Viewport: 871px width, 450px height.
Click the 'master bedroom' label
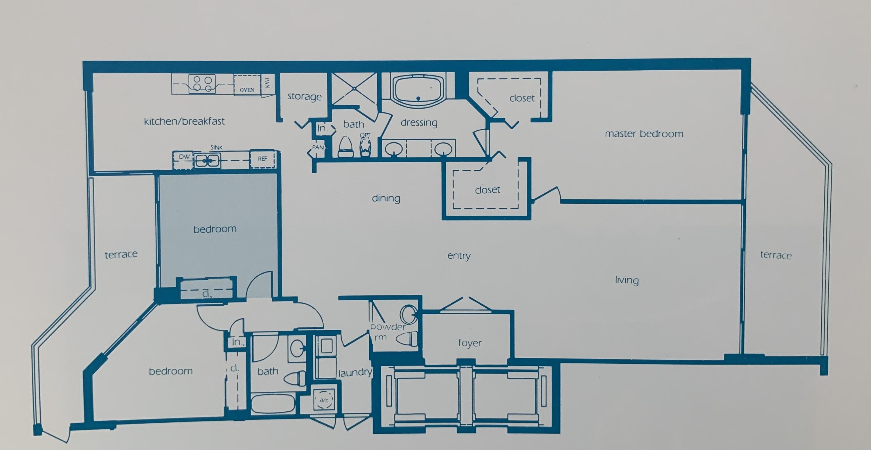click(644, 134)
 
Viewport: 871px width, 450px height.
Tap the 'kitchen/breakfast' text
click(184, 121)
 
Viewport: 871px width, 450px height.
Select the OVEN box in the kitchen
click(247, 85)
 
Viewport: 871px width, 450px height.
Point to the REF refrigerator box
click(262, 159)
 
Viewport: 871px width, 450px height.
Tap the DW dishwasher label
click(184, 157)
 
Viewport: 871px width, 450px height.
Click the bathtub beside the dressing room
click(418, 89)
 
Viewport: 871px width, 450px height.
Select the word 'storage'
click(304, 97)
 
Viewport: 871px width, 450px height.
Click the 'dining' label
click(386, 198)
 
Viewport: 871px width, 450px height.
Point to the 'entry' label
click(459, 256)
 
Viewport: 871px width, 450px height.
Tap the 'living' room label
click(627, 280)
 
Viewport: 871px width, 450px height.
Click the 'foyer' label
click(470, 343)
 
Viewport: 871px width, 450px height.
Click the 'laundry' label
click(355, 372)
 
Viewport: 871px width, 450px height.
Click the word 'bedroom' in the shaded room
click(215, 229)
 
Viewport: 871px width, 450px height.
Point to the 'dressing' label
click(419, 123)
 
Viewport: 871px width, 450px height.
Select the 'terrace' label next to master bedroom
click(776, 255)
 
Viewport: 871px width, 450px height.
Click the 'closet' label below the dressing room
click(487, 190)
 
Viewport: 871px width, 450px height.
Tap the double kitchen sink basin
click(207, 160)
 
